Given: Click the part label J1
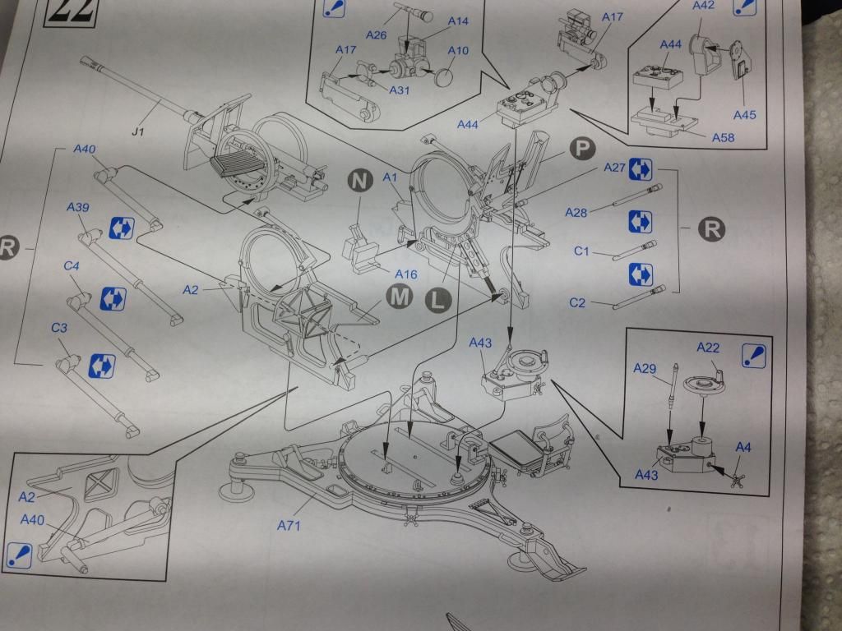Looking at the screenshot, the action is [x=137, y=131].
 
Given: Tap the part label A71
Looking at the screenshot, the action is [x=289, y=525].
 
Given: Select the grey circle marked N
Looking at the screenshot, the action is [x=360, y=181].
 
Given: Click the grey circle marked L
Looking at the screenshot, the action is [x=438, y=301].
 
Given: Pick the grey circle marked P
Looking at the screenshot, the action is [x=582, y=148].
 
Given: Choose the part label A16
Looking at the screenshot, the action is [x=405, y=274].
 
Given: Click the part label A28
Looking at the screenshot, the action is [x=576, y=213].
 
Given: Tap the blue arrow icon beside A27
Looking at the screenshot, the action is [x=640, y=169].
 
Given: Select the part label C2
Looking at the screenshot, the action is [x=576, y=303].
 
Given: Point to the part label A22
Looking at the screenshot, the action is [x=708, y=348].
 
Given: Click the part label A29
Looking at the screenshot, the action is [x=645, y=369].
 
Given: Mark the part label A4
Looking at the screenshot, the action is [x=743, y=447].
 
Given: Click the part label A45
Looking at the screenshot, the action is [x=744, y=115].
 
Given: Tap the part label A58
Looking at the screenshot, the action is [x=723, y=138].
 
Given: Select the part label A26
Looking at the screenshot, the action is [x=376, y=35].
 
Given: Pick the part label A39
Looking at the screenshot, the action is [x=78, y=207].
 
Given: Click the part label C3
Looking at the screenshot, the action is [x=59, y=328].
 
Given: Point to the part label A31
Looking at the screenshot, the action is [x=399, y=90].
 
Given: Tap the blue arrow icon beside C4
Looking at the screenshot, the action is [x=113, y=299].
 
